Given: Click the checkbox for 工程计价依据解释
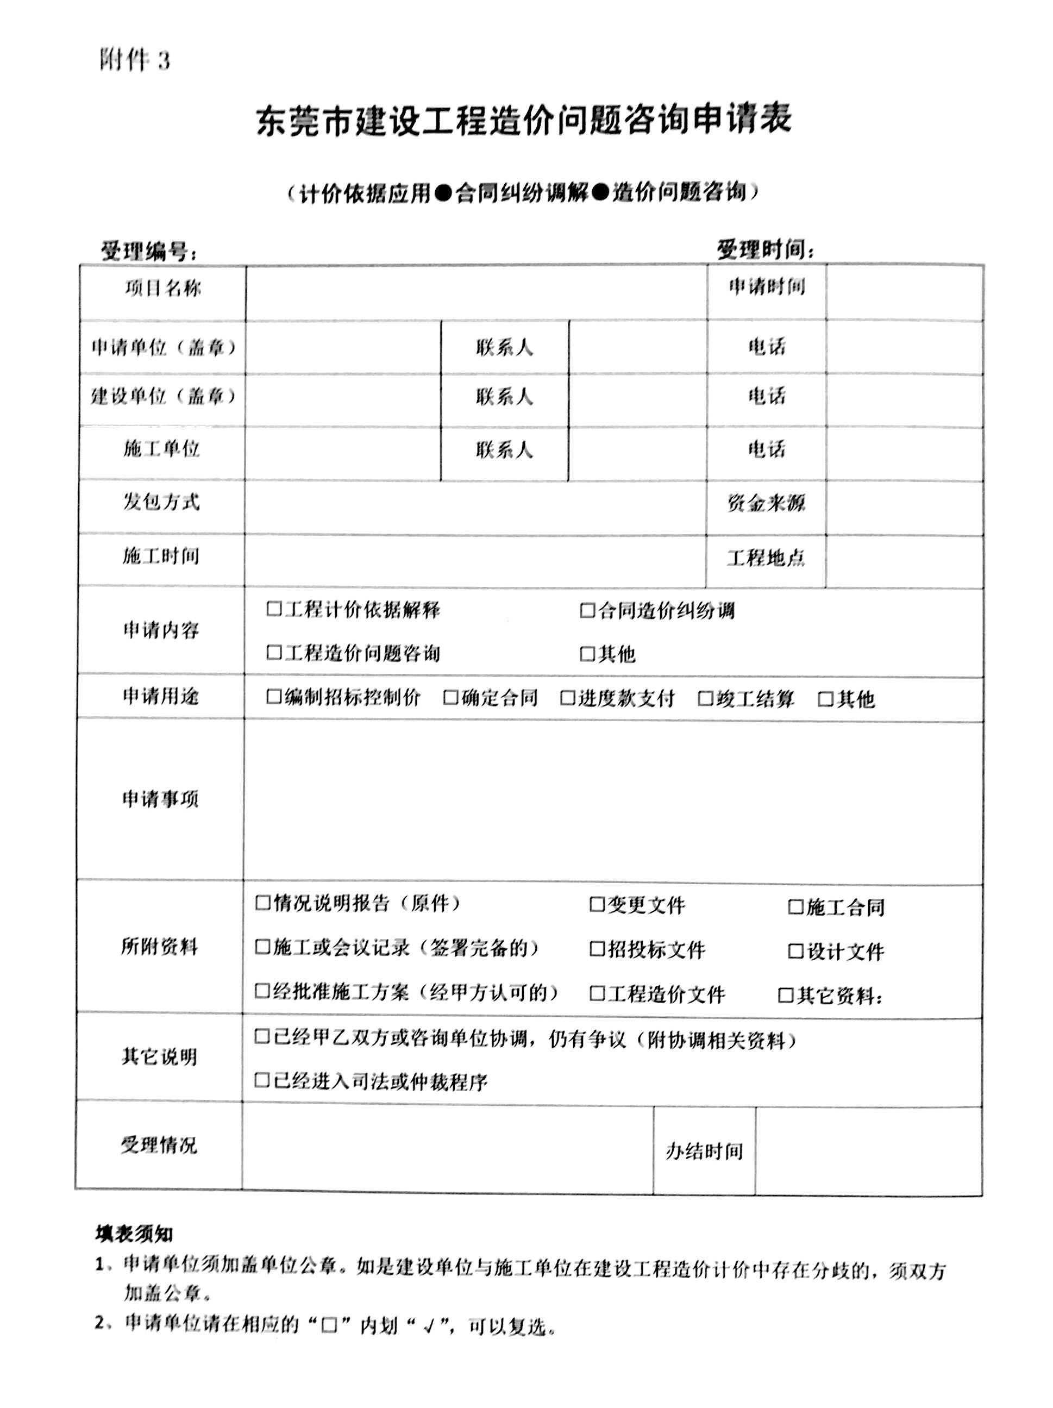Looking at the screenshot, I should pos(274,609).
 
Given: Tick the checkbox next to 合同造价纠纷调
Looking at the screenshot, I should pos(587,610).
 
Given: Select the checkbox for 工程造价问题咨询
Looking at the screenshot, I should pos(274,653).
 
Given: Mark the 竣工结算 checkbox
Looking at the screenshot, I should pos(705,698).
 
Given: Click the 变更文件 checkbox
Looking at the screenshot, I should pos(596,904).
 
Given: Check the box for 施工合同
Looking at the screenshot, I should pos(795,906).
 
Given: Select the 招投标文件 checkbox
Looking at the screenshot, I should pos(596,949).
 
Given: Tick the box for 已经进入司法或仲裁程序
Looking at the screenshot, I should pos(261,1080).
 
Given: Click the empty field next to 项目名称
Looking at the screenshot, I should pos(476,293).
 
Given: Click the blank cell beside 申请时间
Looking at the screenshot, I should pos(904,293).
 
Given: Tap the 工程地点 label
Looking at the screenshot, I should pos(766,558).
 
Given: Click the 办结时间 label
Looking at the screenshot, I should pos(704,1150).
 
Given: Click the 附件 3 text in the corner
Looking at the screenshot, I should pos(134,60).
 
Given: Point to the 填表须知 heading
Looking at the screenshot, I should pos(134,1234).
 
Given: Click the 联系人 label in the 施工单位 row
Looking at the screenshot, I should pos(504,450).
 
